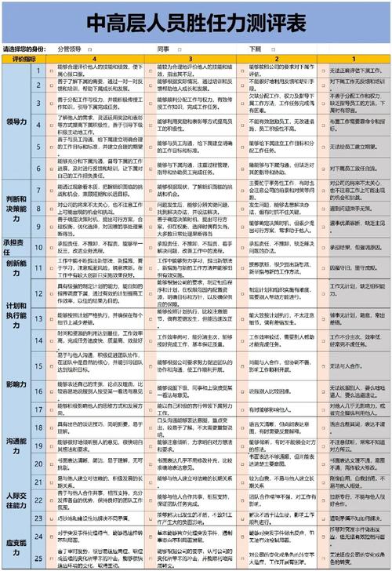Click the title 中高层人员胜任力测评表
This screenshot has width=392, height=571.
[x=196, y=25]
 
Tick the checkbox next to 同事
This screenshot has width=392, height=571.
[x=181, y=49]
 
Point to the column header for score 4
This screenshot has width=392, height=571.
[x=95, y=58]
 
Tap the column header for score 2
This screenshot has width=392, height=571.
[x=276, y=58]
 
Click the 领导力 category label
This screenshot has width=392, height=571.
[x=17, y=122]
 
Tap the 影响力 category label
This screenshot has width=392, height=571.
[x=17, y=385]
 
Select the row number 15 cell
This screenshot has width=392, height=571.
[x=38, y=366]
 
